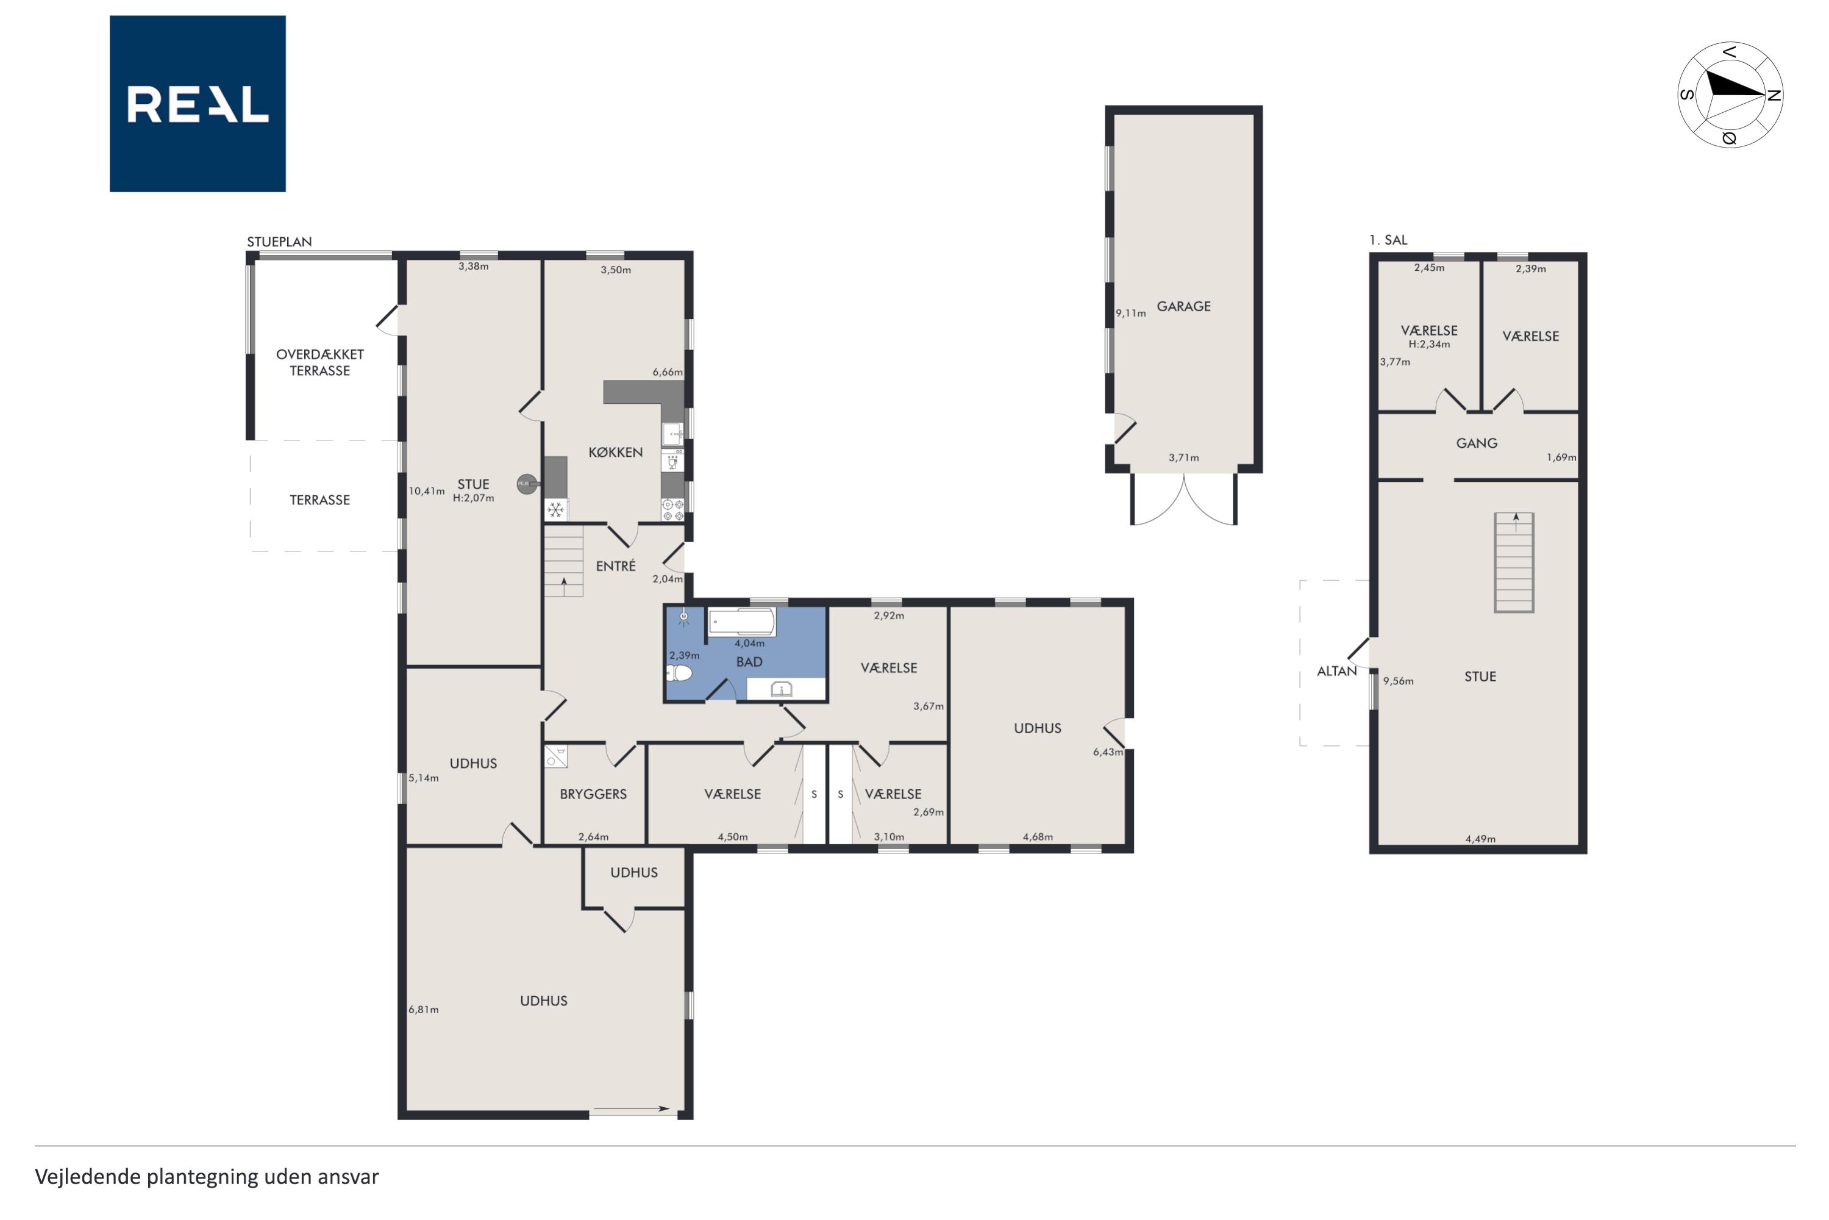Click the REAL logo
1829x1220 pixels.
pyautogui.click(x=198, y=104)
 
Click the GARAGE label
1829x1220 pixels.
pyautogui.click(x=1183, y=307)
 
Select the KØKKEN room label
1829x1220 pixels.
pyautogui.click(x=615, y=452)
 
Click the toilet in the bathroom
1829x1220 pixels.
pyautogui.click(x=680, y=672)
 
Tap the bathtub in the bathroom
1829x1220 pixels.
pyautogui.click(x=741, y=622)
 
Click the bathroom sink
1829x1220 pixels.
pyautogui.click(x=781, y=689)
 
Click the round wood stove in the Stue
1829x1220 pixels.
pyautogui.click(x=528, y=484)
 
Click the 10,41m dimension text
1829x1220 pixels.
pyautogui.click(x=426, y=491)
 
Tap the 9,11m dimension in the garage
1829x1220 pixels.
pyautogui.click(x=1131, y=314)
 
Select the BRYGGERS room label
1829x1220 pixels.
pyautogui.click(x=593, y=794)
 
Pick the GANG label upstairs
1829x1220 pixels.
pyautogui.click(x=1477, y=443)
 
